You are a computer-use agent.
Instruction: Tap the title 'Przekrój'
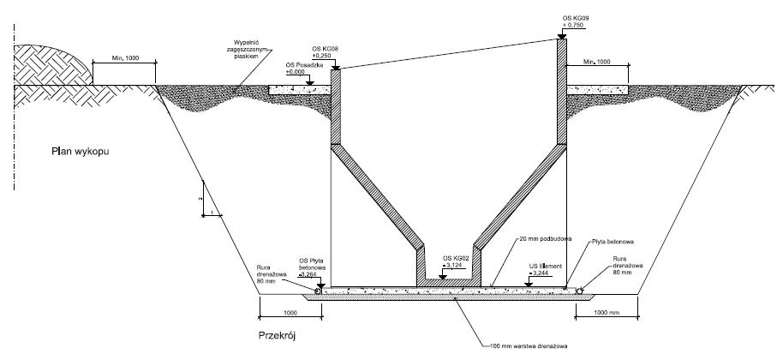(x=277, y=335)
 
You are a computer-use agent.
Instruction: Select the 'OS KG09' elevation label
(x=575, y=17)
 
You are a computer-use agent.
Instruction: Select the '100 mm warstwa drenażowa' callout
(x=528, y=347)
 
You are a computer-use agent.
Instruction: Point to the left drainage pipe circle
(x=319, y=291)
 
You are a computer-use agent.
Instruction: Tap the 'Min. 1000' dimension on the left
(x=125, y=60)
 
